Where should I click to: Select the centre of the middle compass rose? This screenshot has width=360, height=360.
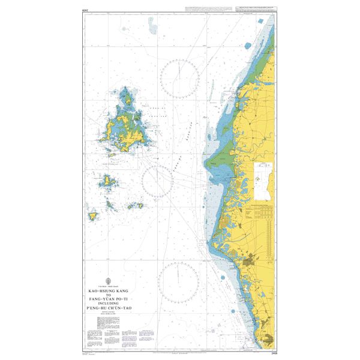(157, 180)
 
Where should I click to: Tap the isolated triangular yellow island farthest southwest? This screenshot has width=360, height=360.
(93, 215)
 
